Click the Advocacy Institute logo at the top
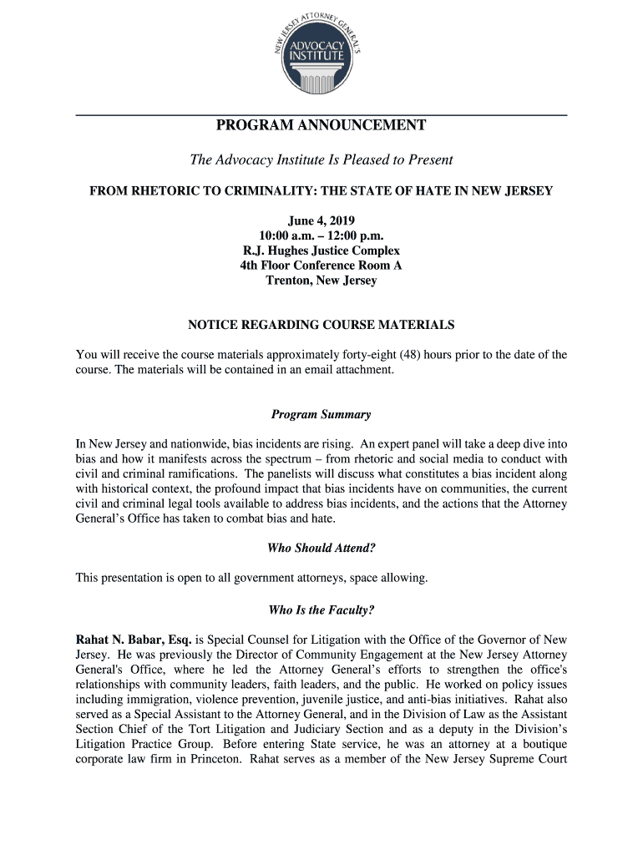click(321, 53)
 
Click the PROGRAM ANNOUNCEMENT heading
click(321, 126)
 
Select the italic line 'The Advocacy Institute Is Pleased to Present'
click(321, 159)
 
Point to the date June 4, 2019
click(321, 220)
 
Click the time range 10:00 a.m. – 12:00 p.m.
click(321, 235)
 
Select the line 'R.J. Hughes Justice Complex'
click(321, 250)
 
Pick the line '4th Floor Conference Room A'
click(321, 266)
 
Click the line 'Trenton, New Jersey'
click(321, 281)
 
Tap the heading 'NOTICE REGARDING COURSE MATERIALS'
click(321, 324)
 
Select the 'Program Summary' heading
click(321, 415)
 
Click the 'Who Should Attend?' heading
click(321, 549)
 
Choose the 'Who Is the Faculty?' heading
click(321, 610)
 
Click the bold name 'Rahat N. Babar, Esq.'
click(134, 640)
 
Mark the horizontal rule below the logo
click(321, 114)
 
